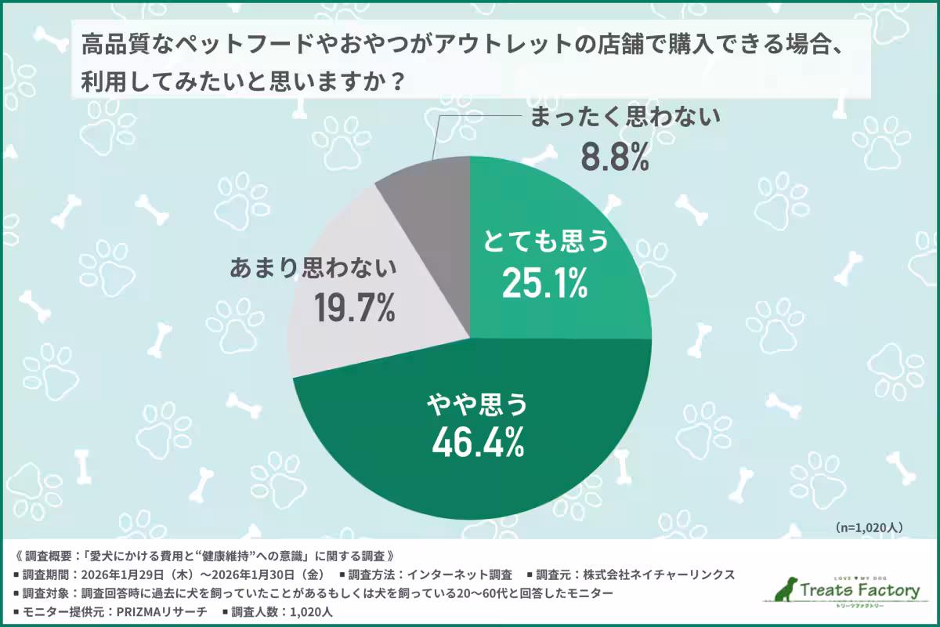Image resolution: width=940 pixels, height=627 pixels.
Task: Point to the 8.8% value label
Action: click(615, 157)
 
